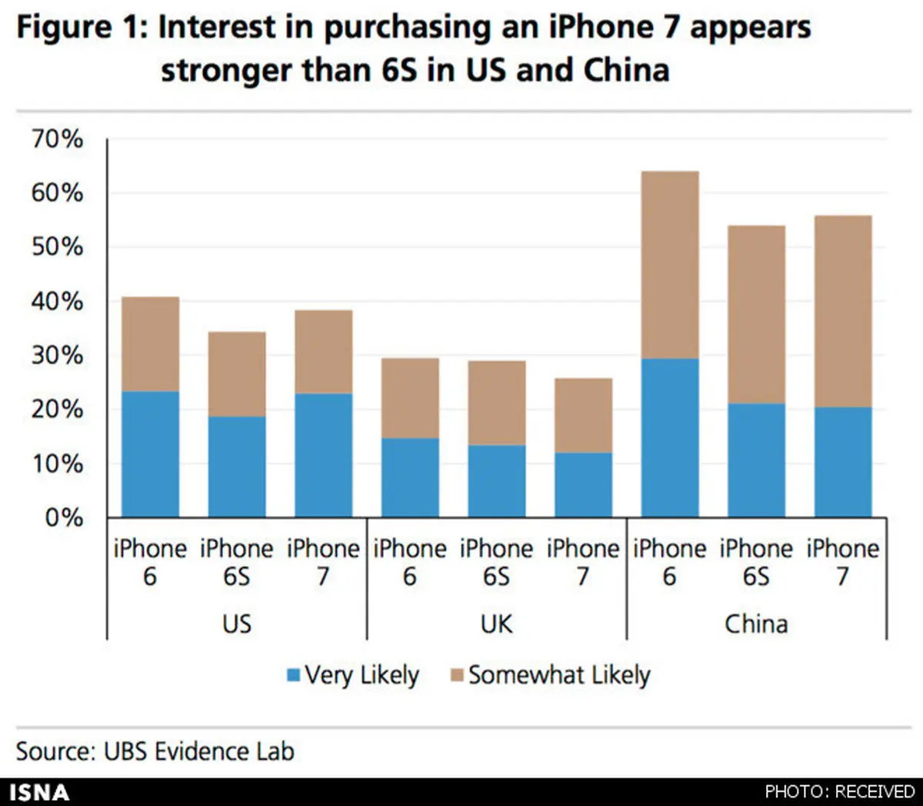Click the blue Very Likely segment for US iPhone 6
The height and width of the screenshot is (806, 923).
151,454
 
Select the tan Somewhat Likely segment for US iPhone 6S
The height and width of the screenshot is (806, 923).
237,374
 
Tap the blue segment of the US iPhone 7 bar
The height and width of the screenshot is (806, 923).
324,456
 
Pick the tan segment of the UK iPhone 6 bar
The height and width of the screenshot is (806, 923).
411,398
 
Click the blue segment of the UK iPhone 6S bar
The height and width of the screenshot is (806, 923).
497,481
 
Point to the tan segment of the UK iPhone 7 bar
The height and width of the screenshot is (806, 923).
584,415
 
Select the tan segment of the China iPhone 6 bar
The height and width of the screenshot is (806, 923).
670,265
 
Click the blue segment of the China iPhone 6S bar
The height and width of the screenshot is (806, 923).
757,460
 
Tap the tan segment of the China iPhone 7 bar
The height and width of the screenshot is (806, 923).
843,311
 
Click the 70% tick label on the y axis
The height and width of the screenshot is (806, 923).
57,139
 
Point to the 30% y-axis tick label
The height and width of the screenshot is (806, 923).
57,356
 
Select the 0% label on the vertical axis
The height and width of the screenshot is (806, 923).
63,517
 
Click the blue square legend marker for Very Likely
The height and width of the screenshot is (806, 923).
293,676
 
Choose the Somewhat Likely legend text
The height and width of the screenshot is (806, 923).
559,675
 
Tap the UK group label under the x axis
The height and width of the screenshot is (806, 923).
496,624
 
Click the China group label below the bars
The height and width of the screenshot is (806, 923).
756,624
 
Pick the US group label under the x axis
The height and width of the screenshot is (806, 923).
236,624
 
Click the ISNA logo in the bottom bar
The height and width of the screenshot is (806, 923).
38,792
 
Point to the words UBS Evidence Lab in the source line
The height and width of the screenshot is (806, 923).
198,751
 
